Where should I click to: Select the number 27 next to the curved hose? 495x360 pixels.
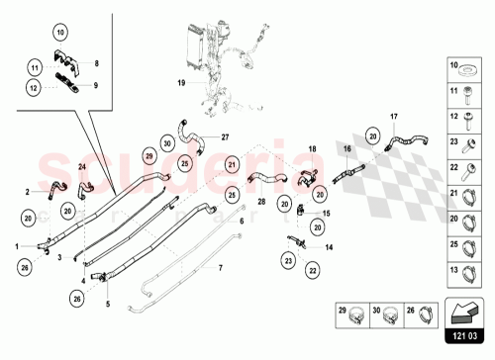(x=225, y=136)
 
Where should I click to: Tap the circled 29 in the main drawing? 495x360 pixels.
(x=149, y=156)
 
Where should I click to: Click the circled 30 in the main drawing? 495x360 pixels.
(x=169, y=141)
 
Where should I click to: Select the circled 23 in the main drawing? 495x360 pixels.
(x=288, y=259)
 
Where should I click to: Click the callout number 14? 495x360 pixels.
(x=330, y=247)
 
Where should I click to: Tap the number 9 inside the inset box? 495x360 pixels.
(x=96, y=85)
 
